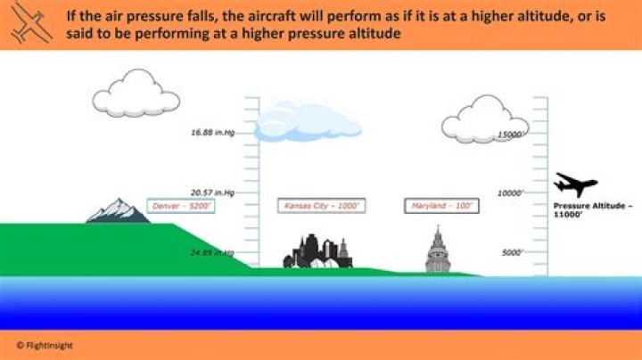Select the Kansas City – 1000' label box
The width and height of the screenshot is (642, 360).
coord(321,206)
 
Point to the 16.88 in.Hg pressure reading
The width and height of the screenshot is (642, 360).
coord(212,134)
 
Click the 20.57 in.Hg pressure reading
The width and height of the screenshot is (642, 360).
coord(212,192)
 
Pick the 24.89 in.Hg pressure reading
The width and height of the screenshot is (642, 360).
coord(212,252)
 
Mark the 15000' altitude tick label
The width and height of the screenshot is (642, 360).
coord(509,135)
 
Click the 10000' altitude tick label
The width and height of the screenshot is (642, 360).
coord(509,193)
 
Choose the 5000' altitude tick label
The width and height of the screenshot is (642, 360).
coord(511,252)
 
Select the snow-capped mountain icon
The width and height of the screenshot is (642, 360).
coord(118,210)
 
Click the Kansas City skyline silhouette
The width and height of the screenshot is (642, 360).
coord(317,252)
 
